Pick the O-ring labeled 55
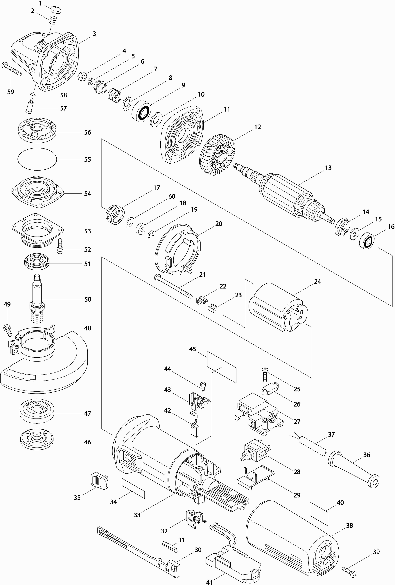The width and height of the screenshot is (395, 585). pos(37,159)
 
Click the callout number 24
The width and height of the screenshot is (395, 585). pos(317,281)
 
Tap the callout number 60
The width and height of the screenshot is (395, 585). pos(172,196)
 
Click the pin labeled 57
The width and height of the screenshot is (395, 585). pos(29,107)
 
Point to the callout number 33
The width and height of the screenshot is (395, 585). pos(137,515)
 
